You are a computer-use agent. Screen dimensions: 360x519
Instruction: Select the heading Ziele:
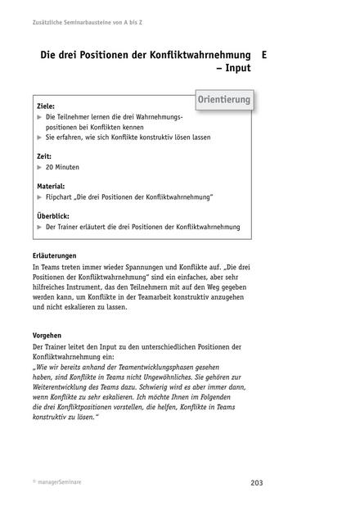pos(48,107)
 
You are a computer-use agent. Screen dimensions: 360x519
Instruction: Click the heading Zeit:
pos(46,155)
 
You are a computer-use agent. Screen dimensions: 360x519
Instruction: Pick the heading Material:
pos(53,186)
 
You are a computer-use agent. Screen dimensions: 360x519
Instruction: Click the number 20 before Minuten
pos(50,166)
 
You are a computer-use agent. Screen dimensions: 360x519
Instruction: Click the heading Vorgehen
pos(50,336)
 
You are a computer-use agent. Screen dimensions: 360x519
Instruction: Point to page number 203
pos(256,482)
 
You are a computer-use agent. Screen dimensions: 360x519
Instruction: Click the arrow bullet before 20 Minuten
pos(39,166)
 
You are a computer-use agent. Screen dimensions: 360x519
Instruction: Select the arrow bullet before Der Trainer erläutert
pos(39,227)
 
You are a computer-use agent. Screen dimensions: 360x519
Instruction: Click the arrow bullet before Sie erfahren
pos(39,138)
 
